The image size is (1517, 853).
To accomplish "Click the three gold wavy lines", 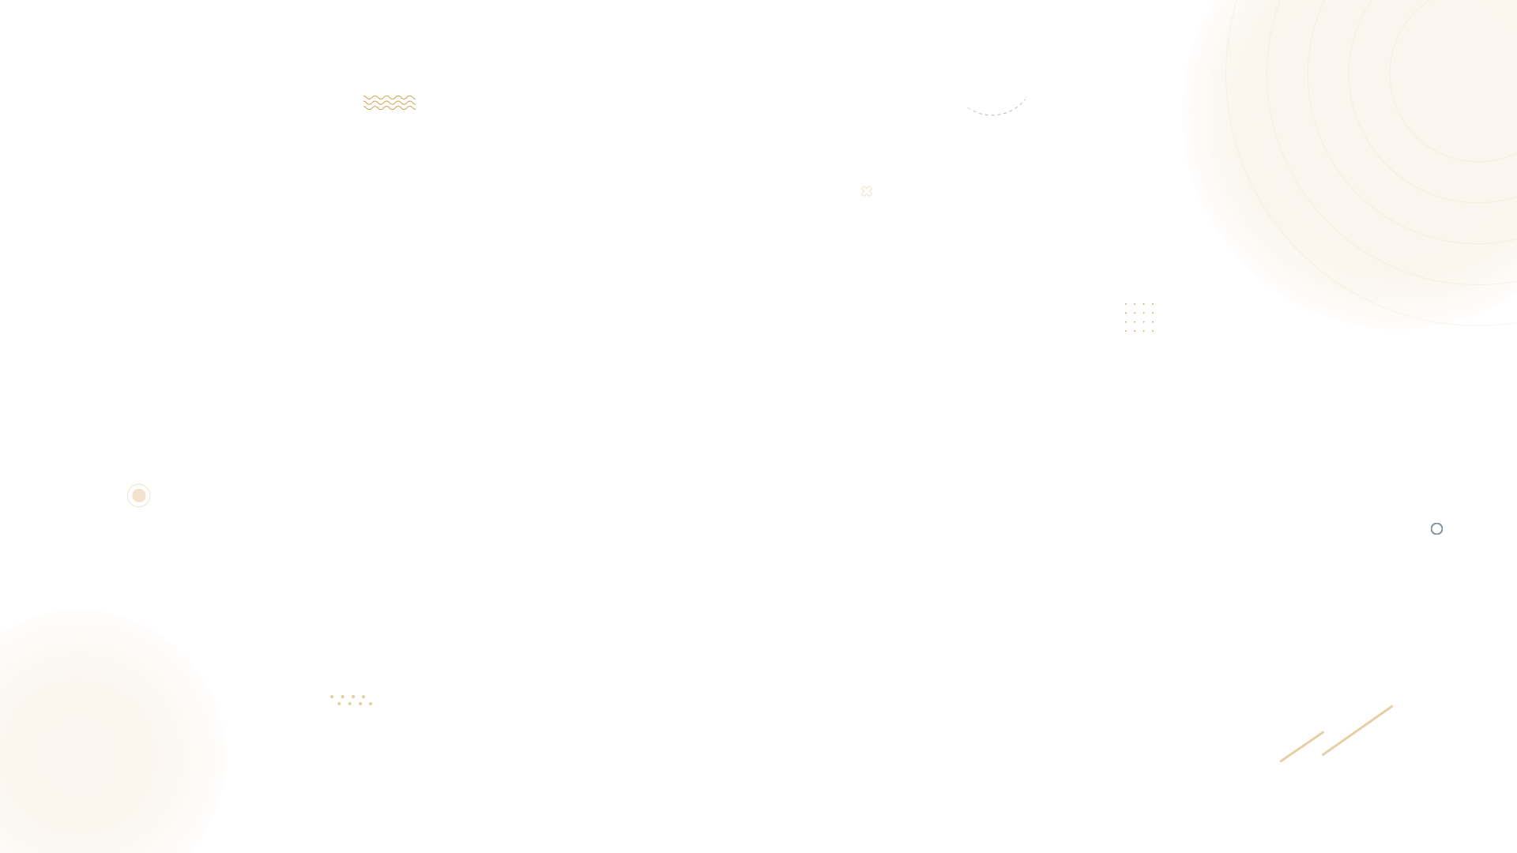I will tap(390, 103).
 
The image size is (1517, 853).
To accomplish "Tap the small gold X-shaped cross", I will tap(867, 191).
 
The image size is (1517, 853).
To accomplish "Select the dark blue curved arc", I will tap(994, 111).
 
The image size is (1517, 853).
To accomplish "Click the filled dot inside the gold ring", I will tap(139, 495).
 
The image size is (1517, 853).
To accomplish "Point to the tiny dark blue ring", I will tap(1436, 529).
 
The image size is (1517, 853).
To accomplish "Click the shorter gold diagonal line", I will tap(1301, 747).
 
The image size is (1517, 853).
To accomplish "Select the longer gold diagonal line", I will tap(1357, 731).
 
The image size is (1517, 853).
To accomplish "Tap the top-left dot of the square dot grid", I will tap(1126, 304).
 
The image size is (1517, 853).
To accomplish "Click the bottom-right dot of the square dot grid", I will tap(1153, 331).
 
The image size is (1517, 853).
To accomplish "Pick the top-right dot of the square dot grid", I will tap(1153, 304).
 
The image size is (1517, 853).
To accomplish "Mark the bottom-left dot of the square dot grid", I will tap(1126, 331).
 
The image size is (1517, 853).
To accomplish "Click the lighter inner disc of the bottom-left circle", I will tap(79, 757).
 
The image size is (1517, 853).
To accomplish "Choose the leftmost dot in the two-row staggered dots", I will tap(332, 697).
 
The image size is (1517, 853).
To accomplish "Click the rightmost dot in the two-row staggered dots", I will tap(371, 703).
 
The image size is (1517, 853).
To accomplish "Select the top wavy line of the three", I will tap(390, 97).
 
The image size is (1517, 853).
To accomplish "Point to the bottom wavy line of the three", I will tap(390, 108).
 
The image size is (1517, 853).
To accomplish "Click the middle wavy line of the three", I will tap(390, 103).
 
